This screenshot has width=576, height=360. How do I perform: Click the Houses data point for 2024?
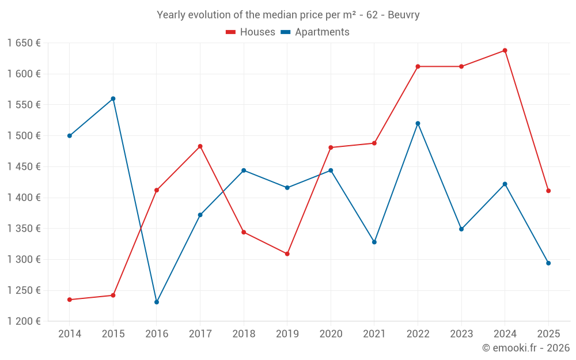505,51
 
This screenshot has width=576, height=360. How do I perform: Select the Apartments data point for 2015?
113,98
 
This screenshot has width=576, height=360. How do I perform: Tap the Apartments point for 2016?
157,302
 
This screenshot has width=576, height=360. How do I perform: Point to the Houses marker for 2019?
287,253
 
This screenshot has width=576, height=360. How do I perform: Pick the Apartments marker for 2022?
418,123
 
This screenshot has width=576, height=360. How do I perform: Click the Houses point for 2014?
70,300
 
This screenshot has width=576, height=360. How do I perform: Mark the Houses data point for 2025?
548,191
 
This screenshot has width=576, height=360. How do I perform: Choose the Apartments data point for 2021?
374,242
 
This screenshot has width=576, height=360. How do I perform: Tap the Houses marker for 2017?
200,146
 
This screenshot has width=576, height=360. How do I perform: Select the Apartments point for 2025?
548,263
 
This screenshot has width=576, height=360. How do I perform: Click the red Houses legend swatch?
231,32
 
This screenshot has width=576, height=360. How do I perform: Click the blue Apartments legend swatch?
286,32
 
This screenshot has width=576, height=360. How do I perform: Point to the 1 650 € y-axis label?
24,43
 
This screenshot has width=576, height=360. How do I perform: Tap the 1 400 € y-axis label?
24,198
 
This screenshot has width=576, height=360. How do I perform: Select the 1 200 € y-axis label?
24,321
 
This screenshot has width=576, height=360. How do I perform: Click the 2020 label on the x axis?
331,334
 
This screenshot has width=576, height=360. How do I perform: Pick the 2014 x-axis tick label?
70,334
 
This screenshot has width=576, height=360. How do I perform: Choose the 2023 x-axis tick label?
461,334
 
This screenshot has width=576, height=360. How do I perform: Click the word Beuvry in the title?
404,15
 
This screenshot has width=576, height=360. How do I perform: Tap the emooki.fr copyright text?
526,348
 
